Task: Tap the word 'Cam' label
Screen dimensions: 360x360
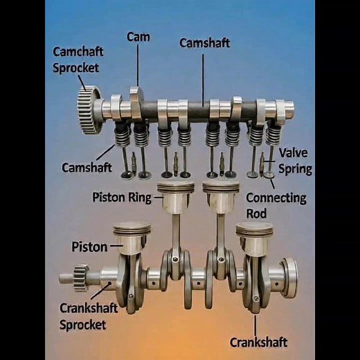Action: click(x=138, y=37)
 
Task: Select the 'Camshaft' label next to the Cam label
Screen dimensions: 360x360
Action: click(x=204, y=43)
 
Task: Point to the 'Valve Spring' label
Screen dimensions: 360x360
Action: click(x=294, y=161)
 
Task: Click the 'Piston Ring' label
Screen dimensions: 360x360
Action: click(x=122, y=197)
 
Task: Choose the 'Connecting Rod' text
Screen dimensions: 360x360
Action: click(x=276, y=205)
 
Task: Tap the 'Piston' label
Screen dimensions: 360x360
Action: click(x=89, y=246)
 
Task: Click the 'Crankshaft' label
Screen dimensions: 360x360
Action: click(x=258, y=342)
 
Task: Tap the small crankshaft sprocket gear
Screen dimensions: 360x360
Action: click(x=75, y=278)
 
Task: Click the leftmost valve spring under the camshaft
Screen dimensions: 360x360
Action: click(x=123, y=136)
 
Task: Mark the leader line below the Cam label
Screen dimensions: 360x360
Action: click(x=138, y=66)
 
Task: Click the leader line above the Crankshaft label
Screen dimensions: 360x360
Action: click(x=255, y=324)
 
